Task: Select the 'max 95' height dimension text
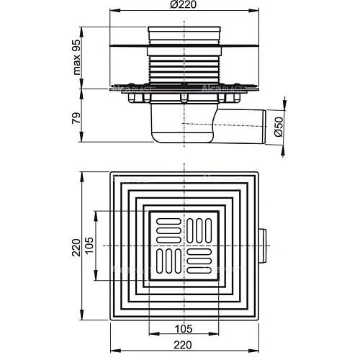[x=86, y=58]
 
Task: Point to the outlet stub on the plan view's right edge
[x=266, y=246]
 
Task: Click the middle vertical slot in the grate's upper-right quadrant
[x=199, y=230]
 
